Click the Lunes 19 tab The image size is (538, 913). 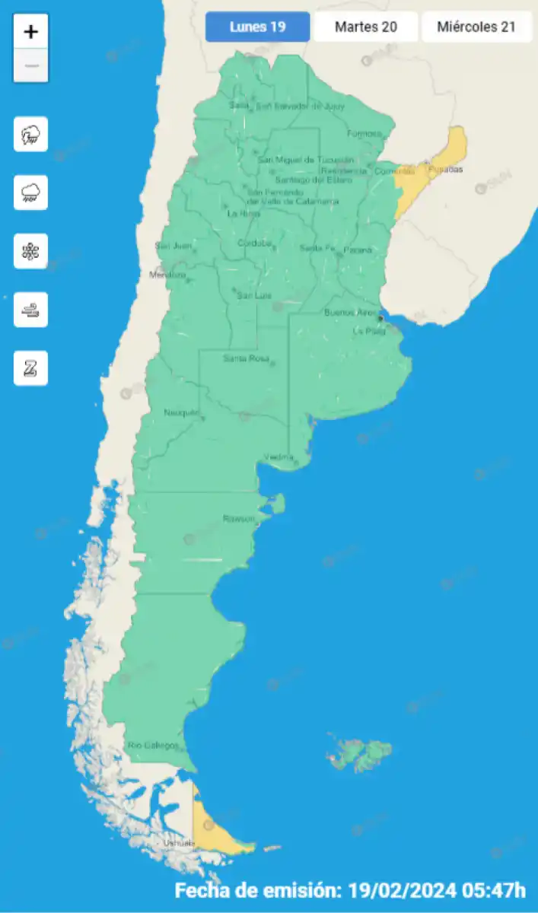tap(258, 27)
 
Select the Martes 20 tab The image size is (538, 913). tap(366, 27)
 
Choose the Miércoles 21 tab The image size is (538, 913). tap(476, 27)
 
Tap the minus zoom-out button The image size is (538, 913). tap(31, 66)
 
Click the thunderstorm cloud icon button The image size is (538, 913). tap(31, 135)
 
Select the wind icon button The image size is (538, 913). tap(31, 310)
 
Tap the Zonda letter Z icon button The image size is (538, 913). tap(31, 368)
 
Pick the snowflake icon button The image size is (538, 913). tap(31, 251)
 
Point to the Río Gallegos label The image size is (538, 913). tap(153, 745)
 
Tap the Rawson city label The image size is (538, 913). tap(238, 518)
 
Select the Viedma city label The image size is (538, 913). tap(279, 456)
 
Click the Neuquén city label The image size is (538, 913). tap(181, 413)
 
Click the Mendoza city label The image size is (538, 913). tap(167, 275)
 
